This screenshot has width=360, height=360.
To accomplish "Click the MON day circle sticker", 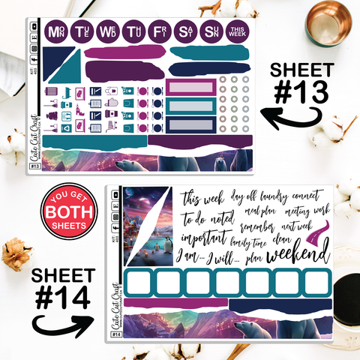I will [55, 32].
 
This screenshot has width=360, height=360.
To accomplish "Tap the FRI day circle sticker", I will [160, 32].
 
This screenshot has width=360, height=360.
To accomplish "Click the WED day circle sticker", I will [108, 32].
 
